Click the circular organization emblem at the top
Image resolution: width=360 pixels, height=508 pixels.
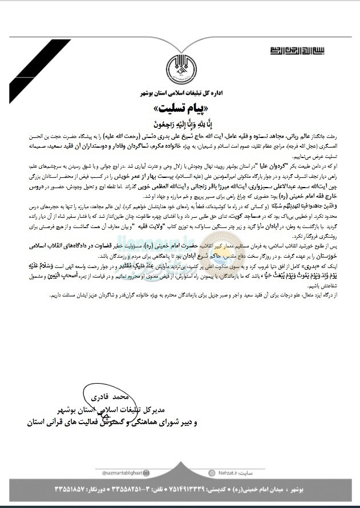(180, 69)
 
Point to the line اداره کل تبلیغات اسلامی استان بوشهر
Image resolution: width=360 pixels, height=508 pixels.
(180, 92)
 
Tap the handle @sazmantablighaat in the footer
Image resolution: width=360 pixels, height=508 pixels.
(118, 473)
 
